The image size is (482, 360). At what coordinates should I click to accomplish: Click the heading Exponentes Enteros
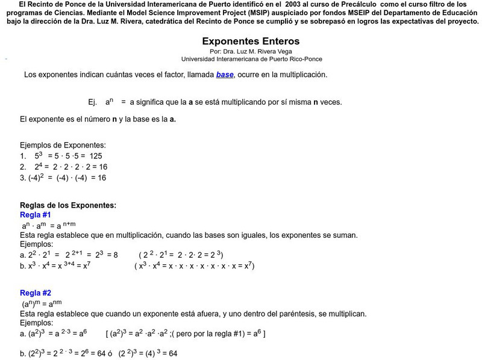click(251, 42)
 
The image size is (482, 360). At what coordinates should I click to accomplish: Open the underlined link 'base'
click(224, 75)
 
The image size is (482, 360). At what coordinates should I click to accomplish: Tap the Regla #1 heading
click(36, 215)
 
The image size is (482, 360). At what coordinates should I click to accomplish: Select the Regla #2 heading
click(36, 294)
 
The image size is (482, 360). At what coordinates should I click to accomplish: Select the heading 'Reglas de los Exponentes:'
click(68, 205)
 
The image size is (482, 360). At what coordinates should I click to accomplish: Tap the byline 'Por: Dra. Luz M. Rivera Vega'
click(251, 52)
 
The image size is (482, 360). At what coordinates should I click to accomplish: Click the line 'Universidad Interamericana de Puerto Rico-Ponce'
click(251, 59)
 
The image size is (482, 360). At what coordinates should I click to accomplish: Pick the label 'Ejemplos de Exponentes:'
click(63, 145)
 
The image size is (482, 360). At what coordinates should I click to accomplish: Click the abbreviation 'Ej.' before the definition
click(92, 102)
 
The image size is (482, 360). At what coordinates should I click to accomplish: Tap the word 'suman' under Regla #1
click(345, 235)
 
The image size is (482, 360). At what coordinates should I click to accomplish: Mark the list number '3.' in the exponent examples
click(23, 178)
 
